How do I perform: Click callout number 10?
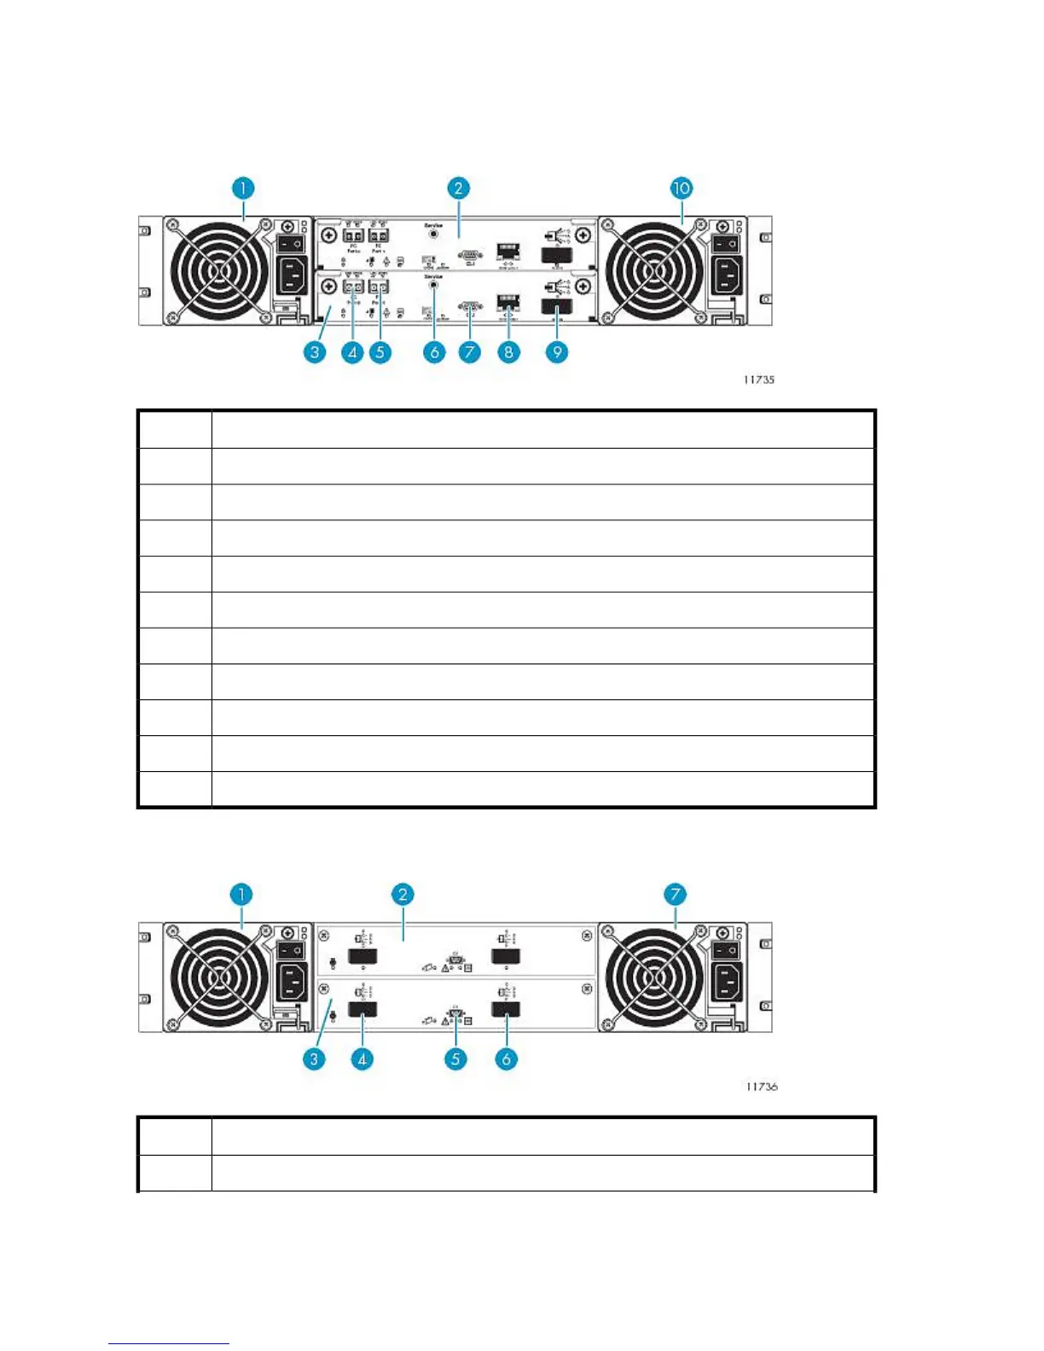coord(681,188)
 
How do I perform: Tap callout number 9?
coord(556,351)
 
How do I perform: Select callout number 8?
coord(508,351)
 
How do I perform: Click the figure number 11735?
coord(758,380)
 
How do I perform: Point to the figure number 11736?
coord(761,1087)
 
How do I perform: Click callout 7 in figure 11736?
coord(675,895)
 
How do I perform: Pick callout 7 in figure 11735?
coord(469,351)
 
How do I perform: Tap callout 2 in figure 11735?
coord(458,188)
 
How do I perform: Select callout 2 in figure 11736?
coord(403,895)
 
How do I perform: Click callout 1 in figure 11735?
coord(243,188)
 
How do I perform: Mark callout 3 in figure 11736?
coord(315,1059)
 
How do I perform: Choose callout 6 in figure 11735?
coord(434,351)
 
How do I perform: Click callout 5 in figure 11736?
coord(455,1059)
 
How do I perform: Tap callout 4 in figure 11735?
coord(352,351)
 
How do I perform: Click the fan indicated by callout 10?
coord(653,271)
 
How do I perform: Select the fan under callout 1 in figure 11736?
coord(218,978)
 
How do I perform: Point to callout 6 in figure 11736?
coord(506,1059)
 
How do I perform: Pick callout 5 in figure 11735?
coord(380,351)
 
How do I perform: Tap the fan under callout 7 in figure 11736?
coord(653,978)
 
